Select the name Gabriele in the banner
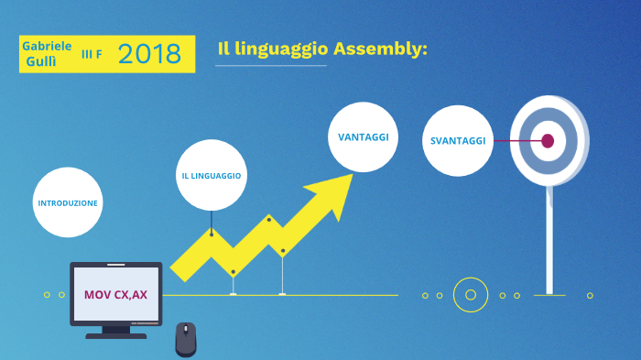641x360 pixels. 47,46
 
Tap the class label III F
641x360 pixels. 92,55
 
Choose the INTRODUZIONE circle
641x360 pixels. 68,202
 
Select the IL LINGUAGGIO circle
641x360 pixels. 211,175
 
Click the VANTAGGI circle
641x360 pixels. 364,136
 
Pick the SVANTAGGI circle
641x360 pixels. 458,140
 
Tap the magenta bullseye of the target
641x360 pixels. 548,141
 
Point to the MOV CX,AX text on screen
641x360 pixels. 115,295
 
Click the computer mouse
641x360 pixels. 186,339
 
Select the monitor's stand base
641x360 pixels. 116,334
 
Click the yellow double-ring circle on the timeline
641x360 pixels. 471,295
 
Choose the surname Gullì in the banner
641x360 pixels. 42,62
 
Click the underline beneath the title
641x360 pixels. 272,66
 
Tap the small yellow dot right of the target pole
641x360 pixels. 590,295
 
